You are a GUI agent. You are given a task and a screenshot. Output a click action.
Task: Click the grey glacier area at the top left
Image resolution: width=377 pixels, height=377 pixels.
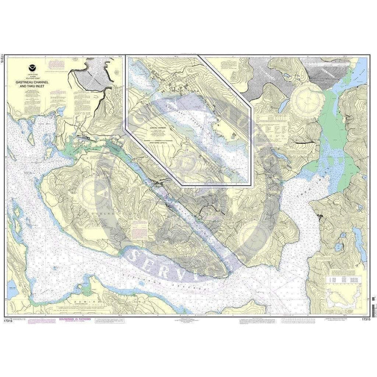96,74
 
